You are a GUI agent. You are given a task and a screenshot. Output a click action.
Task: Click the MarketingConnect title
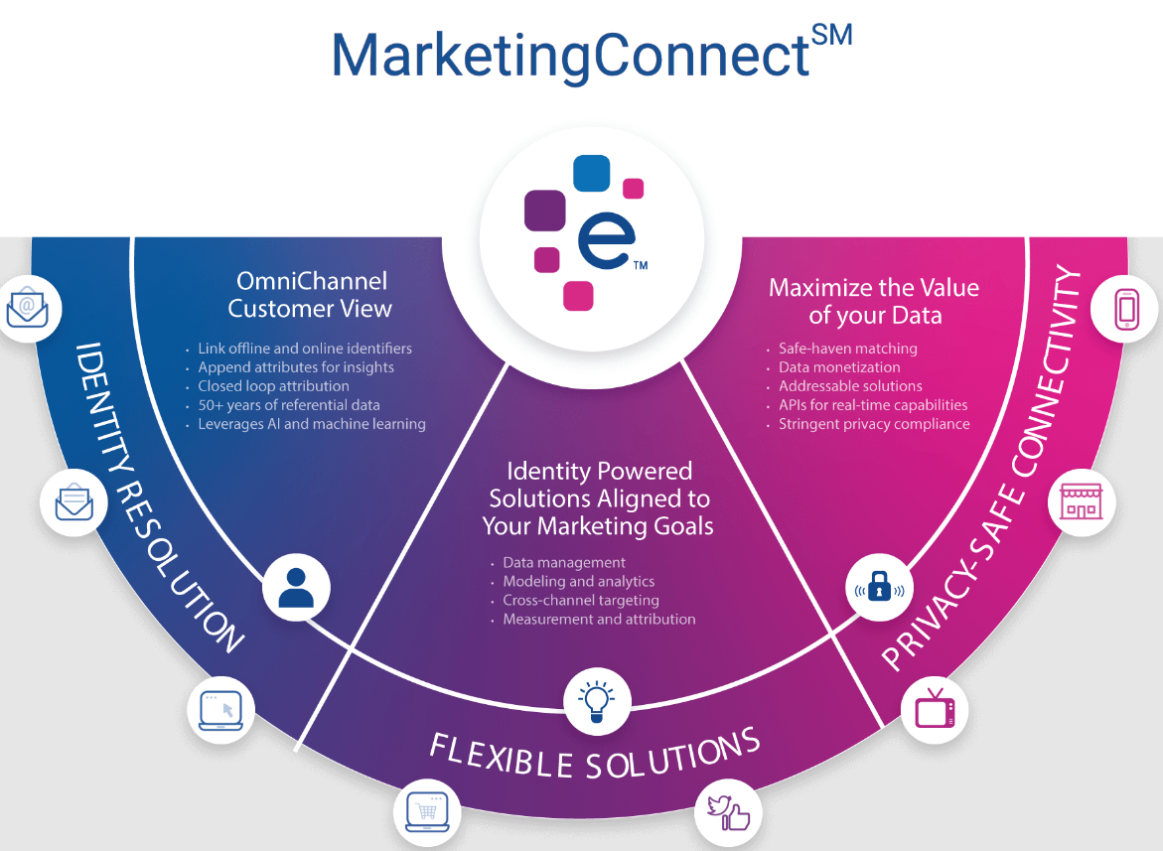[570, 56]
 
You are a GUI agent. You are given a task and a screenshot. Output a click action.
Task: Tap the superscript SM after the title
[831, 36]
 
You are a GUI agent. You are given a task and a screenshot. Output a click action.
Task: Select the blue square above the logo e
[592, 173]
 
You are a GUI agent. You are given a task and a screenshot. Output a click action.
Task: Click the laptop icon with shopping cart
[428, 813]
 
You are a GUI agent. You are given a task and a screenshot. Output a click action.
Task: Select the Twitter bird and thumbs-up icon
[728, 813]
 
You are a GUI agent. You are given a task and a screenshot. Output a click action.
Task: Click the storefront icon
[1081, 502]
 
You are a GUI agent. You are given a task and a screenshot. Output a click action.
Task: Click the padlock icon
[879, 587]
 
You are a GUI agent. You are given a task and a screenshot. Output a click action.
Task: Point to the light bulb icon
[597, 699]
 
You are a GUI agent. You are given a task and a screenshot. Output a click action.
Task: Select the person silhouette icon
[296, 587]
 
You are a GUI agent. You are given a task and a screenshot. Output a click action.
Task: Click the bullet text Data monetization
[839, 367]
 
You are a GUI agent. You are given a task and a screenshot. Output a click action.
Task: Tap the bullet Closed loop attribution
[273, 386]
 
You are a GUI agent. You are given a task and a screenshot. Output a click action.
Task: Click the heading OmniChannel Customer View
[310, 295]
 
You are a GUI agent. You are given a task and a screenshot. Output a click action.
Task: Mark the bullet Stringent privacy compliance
[874, 424]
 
